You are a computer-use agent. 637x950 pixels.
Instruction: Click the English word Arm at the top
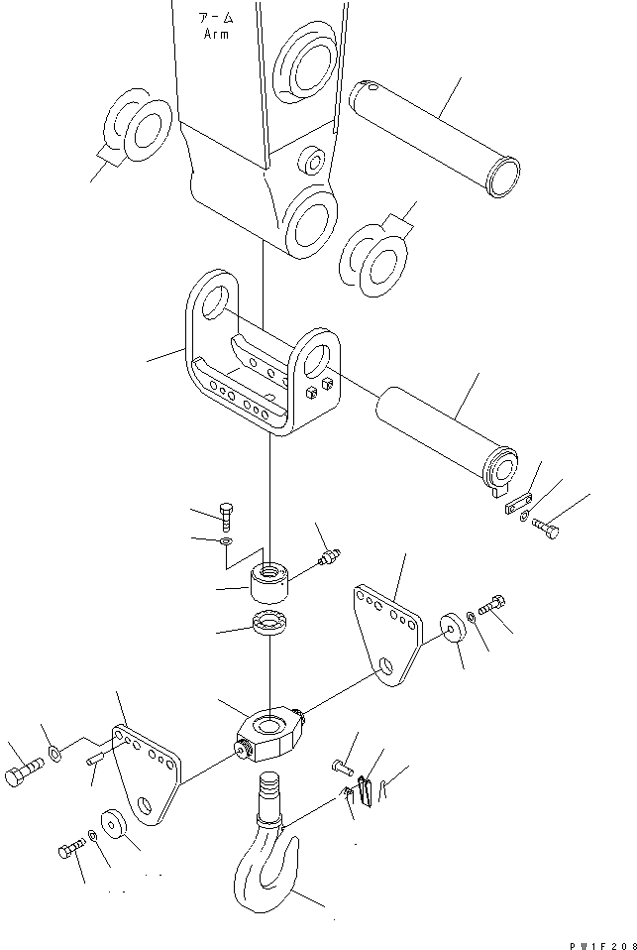tap(216, 34)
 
